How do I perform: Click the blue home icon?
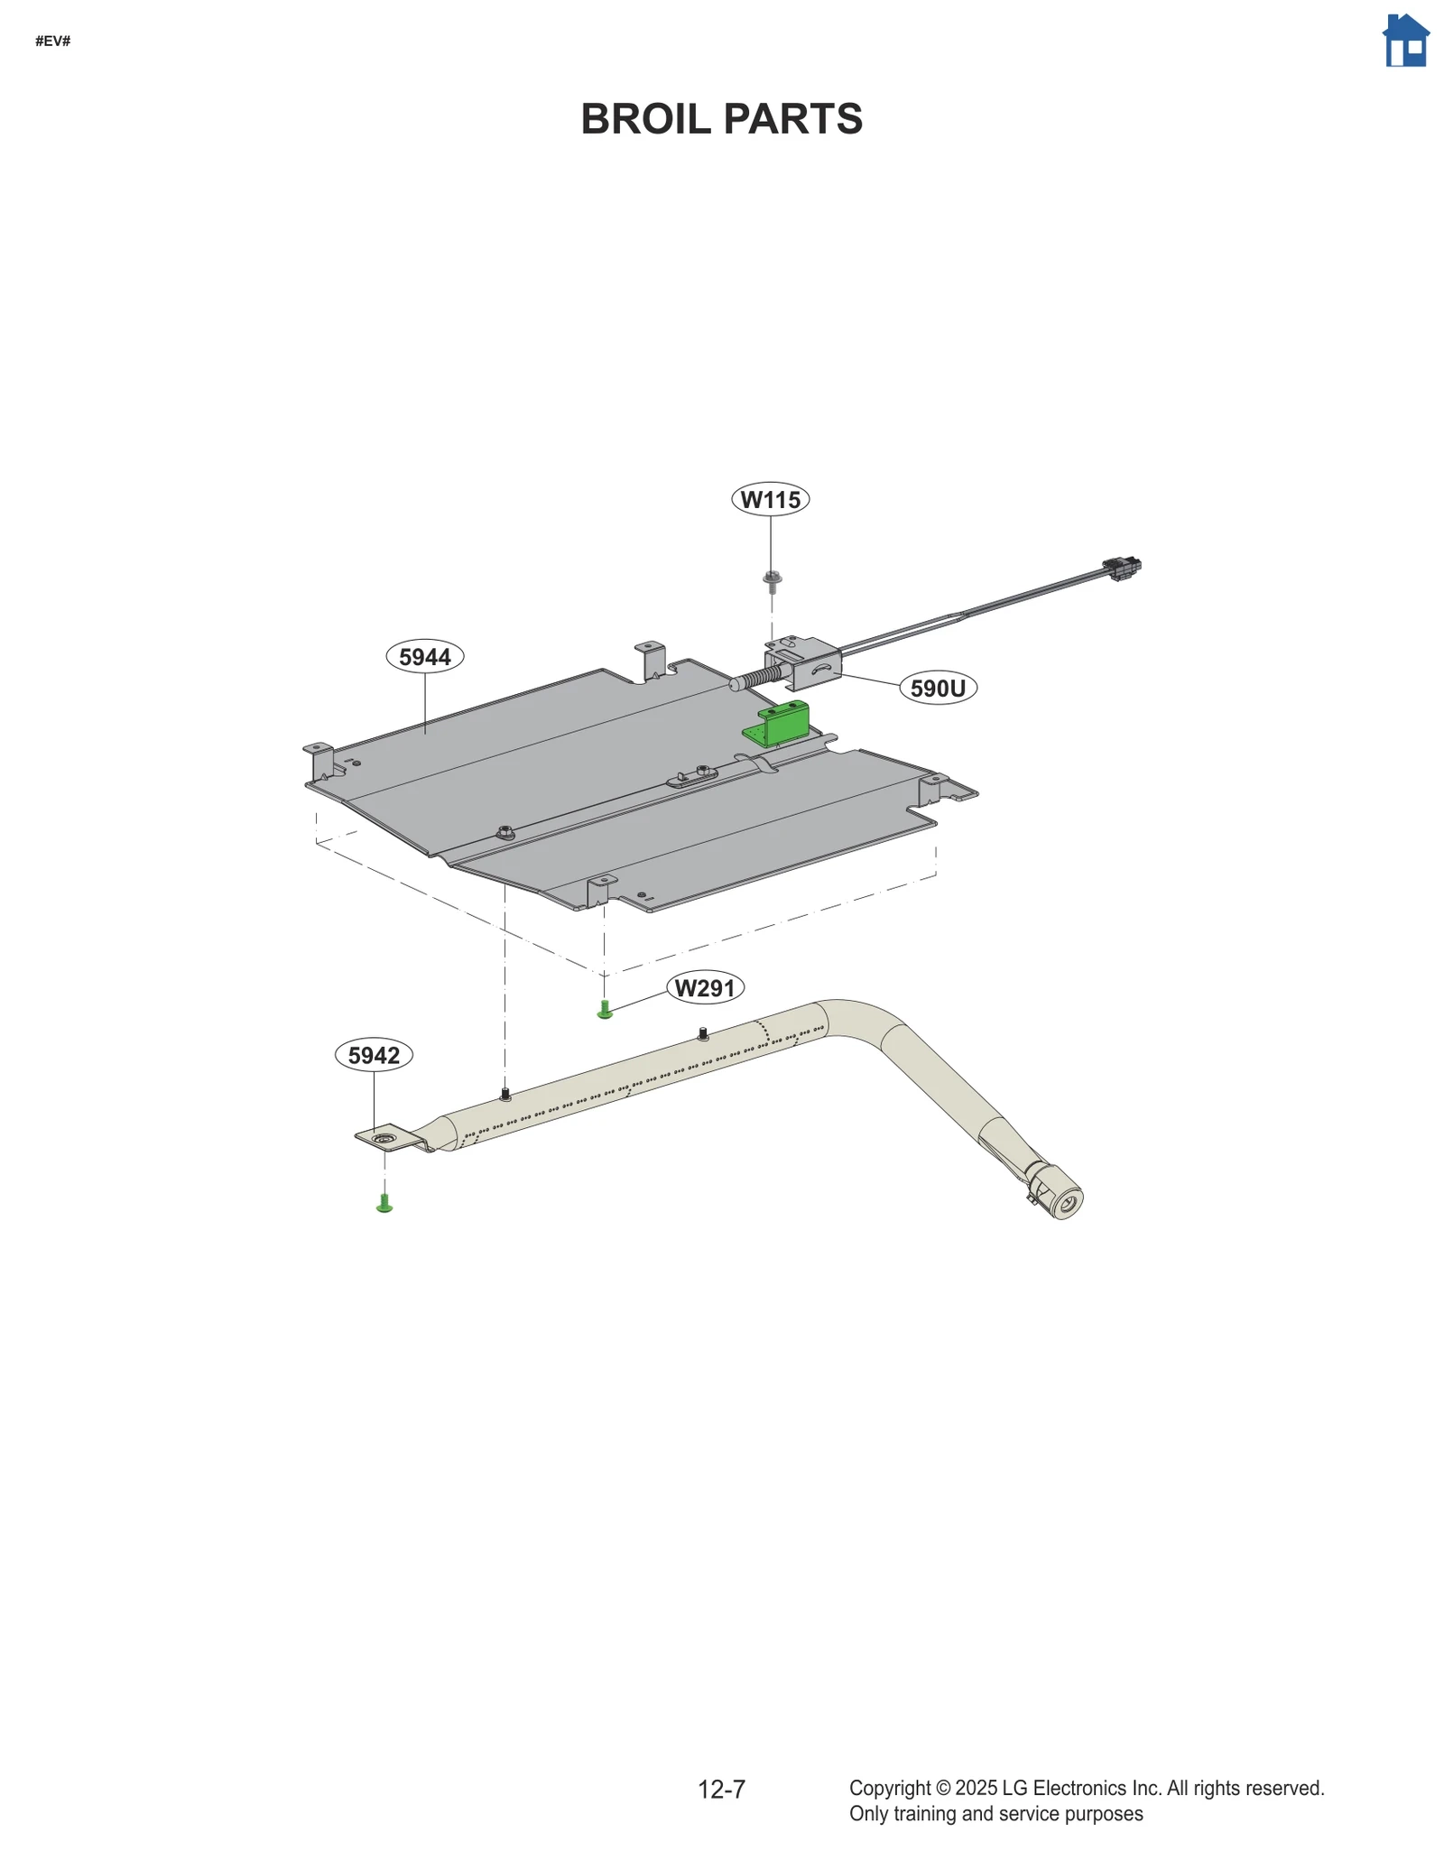(1405, 42)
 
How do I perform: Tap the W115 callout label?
(770, 499)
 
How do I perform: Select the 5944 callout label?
(424, 656)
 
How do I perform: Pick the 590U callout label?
(938, 689)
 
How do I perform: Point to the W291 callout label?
(705, 988)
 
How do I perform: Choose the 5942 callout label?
(374, 1055)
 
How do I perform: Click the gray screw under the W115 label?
(772, 580)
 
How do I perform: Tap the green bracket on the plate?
(778, 725)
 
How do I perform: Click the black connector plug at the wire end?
(1122, 569)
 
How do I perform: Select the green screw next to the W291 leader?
(605, 1010)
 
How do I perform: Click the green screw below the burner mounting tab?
(384, 1203)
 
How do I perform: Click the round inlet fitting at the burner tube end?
(1066, 1200)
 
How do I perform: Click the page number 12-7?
(721, 1789)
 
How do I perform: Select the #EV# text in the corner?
(52, 42)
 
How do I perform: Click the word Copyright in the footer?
(889, 1788)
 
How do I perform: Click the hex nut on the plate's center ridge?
(506, 830)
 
